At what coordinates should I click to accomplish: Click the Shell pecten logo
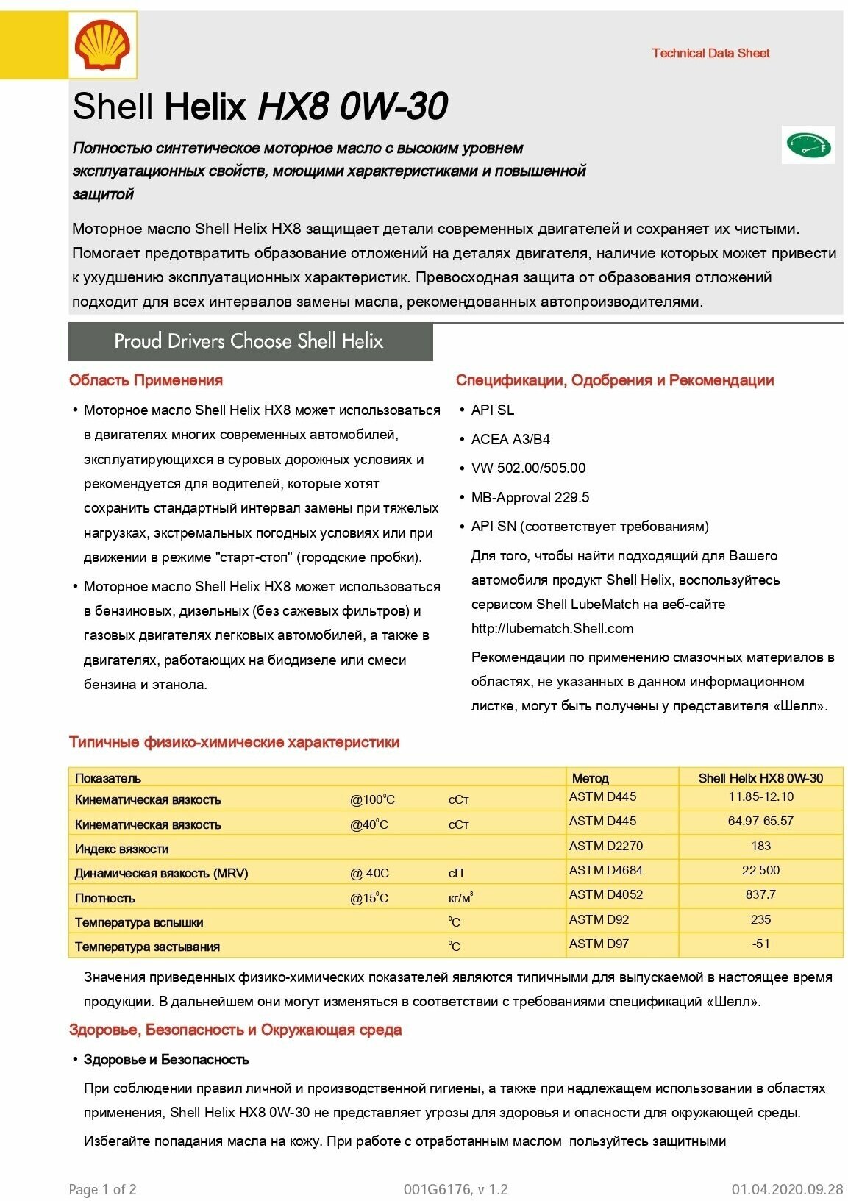(102, 46)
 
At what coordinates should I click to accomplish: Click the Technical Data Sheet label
(710, 53)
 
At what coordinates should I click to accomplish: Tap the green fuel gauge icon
(808, 145)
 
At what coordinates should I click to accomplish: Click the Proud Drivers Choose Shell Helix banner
(250, 341)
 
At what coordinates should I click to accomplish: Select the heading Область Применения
(146, 380)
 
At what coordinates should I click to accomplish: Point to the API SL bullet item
(492, 410)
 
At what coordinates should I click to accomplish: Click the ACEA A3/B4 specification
(510, 439)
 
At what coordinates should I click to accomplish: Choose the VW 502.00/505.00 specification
(528, 468)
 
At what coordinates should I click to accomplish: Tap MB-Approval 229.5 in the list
(530, 497)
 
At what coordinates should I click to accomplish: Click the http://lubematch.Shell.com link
(552, 628)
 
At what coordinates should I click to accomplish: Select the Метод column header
(590, 777)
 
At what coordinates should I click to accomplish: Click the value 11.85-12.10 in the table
(760, 796)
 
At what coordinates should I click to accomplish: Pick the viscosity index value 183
(760, 846)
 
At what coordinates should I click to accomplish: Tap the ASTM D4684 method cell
(605, 870)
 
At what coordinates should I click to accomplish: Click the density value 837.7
(760, 894)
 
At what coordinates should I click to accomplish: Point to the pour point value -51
(760, 944)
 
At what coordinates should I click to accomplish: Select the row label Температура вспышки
(139, 922)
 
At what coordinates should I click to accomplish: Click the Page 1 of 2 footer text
(102, 1189)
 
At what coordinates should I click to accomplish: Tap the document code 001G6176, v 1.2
(455, 1189)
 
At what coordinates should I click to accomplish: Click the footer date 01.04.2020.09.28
(787, 1189)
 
